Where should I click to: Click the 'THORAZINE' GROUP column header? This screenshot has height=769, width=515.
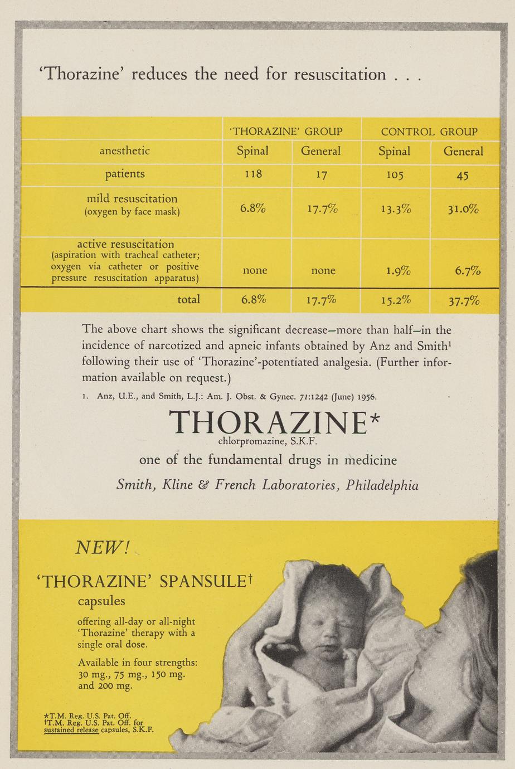[286, 132]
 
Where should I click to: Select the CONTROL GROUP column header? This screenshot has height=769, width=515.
[429, 132]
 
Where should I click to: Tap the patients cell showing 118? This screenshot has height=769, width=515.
[253, 174]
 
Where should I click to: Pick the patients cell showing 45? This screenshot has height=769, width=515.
[462, 176]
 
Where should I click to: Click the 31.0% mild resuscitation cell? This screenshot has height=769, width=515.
[463, 209]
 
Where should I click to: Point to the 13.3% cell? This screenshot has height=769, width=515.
[396, 209]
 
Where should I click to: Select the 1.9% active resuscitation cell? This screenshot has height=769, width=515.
[398, 271]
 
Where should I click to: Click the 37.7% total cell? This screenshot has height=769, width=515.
[464, 301]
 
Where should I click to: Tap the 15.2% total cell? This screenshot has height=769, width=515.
[396, 300]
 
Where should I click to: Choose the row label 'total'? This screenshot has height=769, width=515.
[188, 299]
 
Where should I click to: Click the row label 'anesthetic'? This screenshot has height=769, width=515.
[124, 150]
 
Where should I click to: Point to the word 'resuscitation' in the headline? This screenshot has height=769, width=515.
[339, 74]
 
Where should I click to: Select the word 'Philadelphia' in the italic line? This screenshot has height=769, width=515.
[382, 485]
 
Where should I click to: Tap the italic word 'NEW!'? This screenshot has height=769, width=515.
[102, 548]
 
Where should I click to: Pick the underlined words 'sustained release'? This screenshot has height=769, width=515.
[71, 729]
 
